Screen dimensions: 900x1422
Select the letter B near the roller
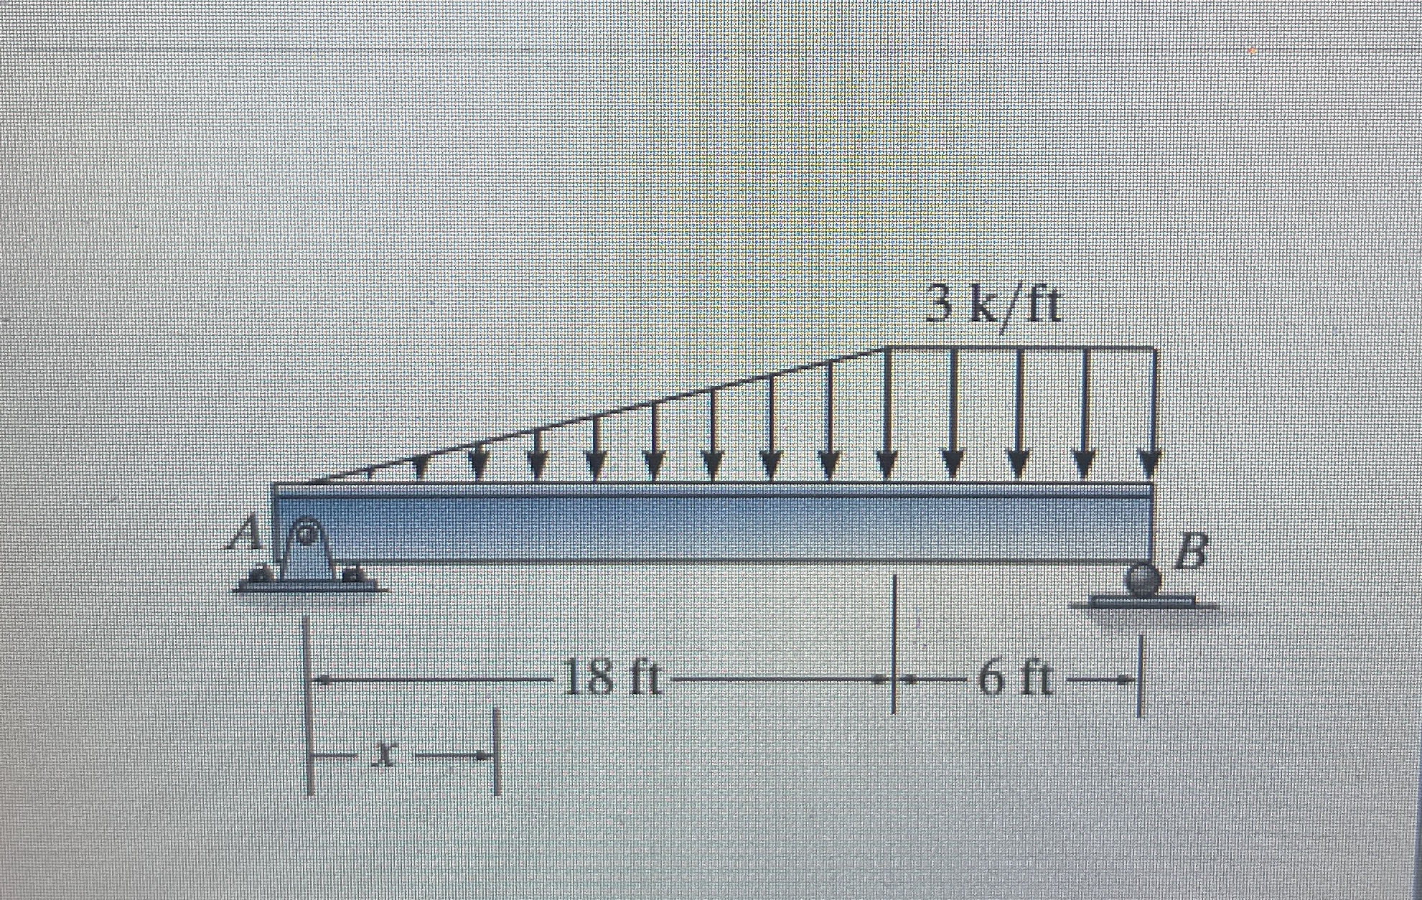[1190, 553]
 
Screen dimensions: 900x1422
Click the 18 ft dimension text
[612, 680]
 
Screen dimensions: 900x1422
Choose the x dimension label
[388, 754]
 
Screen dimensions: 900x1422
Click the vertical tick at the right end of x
[496, 752]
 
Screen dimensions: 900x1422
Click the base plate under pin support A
[309, 587]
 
